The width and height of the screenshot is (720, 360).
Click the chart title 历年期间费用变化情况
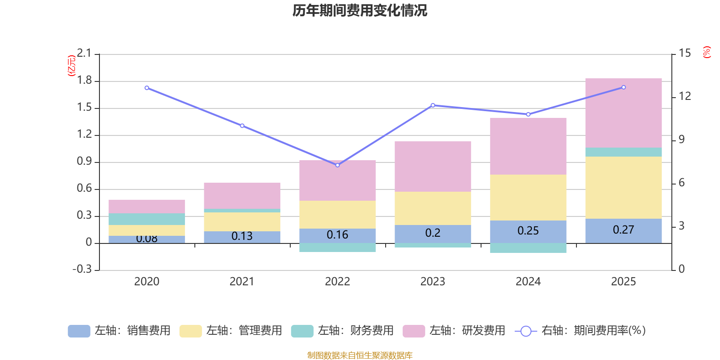point(360,10)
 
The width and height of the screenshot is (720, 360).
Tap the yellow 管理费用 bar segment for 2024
point(528,197)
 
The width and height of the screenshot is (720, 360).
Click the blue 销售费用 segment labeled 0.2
point(432,233)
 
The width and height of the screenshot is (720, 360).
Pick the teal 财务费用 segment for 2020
point(147,219)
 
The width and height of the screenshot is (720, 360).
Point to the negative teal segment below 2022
point(337,247)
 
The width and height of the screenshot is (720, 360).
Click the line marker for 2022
point(337,165)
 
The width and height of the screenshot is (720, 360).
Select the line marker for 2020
point(147,88)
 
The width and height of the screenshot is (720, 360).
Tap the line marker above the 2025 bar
point(623,87)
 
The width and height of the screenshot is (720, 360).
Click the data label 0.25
point(528,231)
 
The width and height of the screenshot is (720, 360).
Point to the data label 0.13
point(242,236)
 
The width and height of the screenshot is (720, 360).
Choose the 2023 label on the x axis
point(432,282)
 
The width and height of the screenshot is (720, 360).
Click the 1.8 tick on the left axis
point(84,81)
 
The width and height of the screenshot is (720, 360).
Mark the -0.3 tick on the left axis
point(82,269)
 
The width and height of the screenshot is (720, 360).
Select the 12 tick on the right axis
point(684,96)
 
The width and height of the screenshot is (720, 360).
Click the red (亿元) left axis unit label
point(71,66)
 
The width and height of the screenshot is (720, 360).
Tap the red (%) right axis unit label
point(706,52)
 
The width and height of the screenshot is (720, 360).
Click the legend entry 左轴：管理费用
point(230,331)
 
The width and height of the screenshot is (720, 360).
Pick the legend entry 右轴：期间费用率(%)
point(580,331)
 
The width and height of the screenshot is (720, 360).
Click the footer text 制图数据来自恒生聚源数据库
point(360,355)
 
